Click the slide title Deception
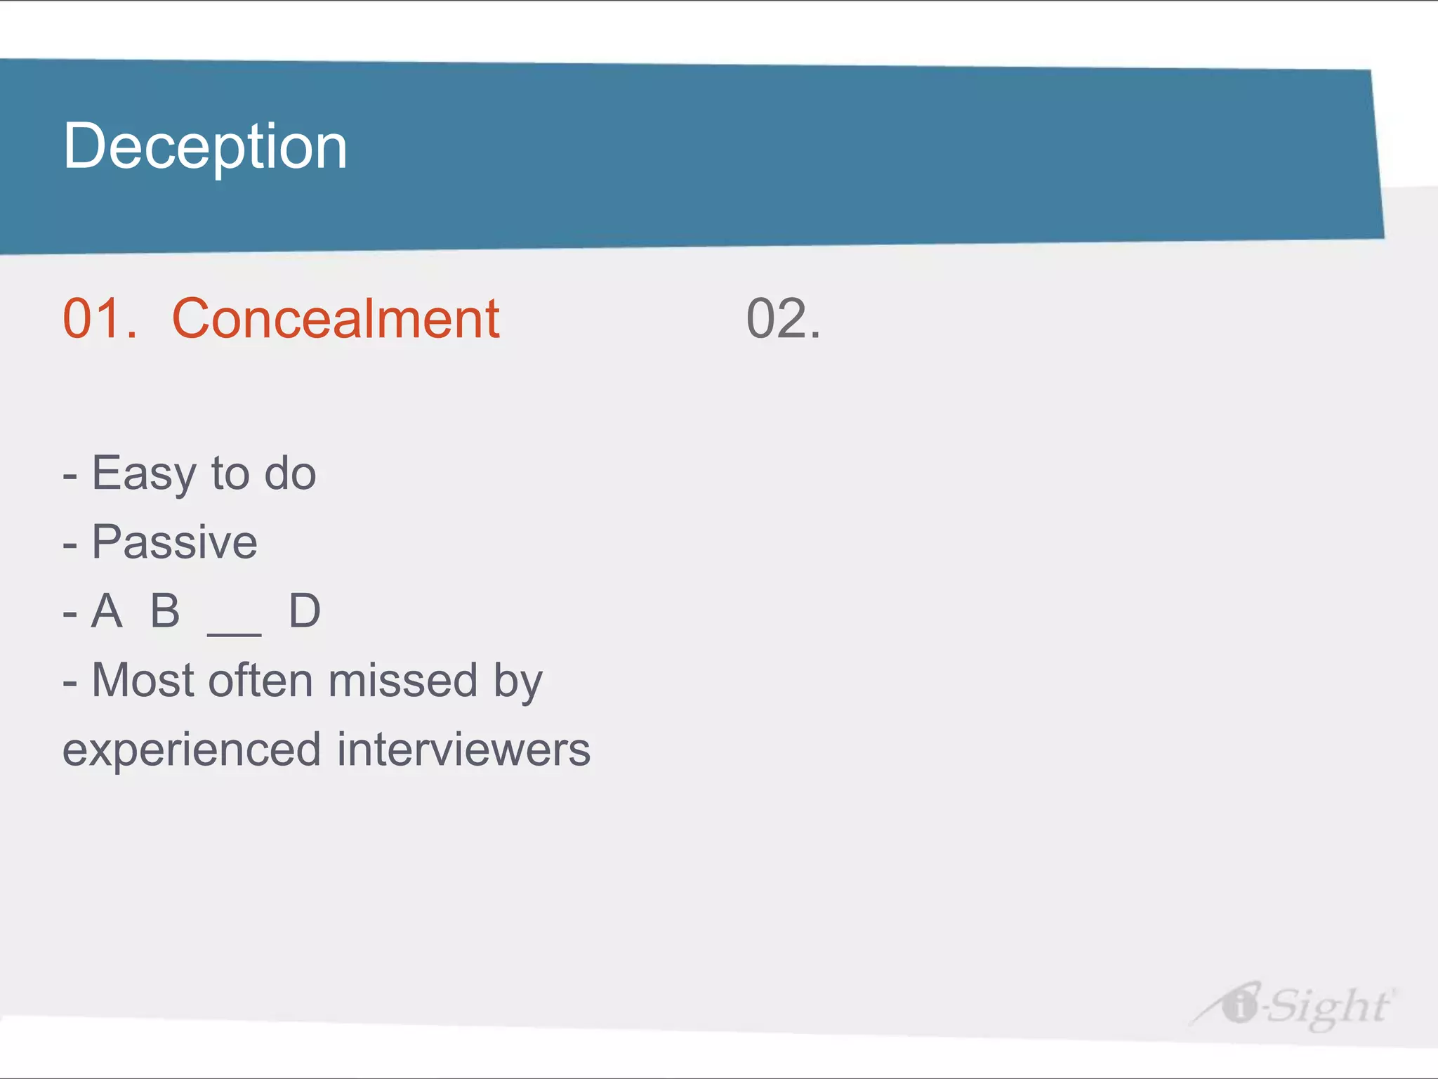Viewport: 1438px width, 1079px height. click(205, 146)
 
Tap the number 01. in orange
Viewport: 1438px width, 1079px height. click(100, 319)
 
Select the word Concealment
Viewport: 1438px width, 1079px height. click(336, 319)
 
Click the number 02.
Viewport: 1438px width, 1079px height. click(783, 319)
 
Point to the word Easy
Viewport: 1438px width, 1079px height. click(144, 473)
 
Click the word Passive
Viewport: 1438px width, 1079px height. click(175, 542)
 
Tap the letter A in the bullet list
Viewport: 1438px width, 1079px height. click(107, 610)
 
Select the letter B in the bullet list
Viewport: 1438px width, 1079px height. click(166, 610)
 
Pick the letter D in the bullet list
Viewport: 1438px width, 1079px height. click(305, 610)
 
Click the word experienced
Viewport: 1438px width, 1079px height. click(192, 750)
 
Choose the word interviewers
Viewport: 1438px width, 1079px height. click(463, 749)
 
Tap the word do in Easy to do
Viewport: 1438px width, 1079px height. click(290, 473)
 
